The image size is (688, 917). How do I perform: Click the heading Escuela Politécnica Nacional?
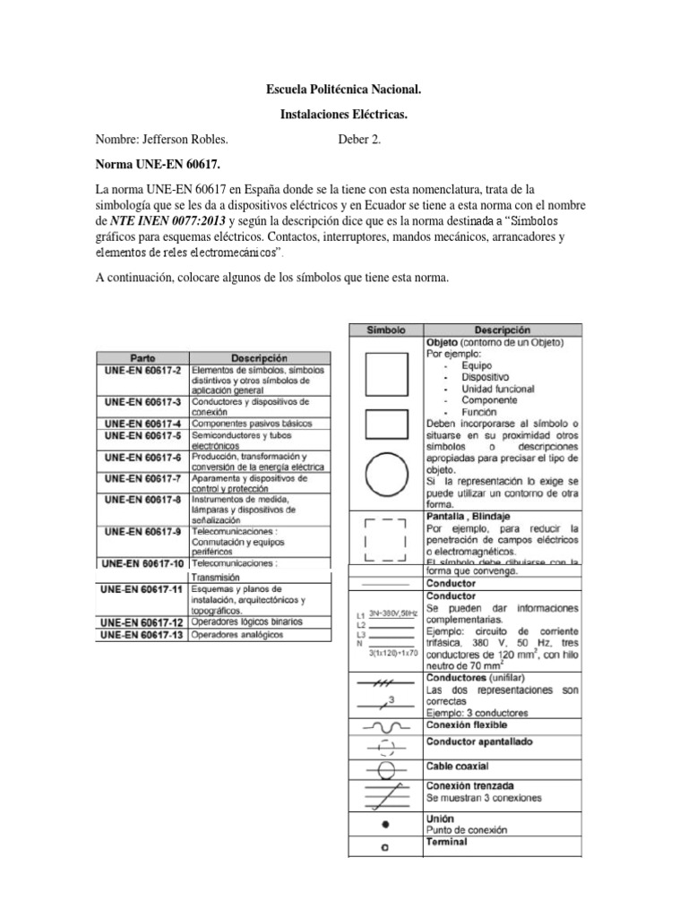tap(344, 90)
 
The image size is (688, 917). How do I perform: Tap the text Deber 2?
tap(359, 141)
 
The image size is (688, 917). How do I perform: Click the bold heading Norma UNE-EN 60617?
tap(157, 166)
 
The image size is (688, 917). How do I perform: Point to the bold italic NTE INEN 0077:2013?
tap(161, 221)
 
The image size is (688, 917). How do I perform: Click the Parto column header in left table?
tap(142, 356)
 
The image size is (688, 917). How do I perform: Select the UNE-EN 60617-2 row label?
tap(142, 369)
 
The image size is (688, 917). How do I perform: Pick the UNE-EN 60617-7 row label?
tap(142, 478)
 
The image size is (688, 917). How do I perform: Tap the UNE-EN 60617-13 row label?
tap(142, 634)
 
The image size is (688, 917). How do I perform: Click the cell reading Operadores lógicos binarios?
tap(246, 621)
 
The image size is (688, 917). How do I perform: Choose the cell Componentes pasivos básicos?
tap(252, 423)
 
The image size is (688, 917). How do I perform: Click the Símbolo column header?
tap(386, 330)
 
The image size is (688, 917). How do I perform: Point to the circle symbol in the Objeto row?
tap(386, 475)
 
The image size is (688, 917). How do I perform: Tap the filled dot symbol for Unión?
tap(385, 823)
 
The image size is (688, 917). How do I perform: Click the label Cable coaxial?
tap(457, 767)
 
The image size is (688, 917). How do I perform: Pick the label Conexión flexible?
tap(466, 724)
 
